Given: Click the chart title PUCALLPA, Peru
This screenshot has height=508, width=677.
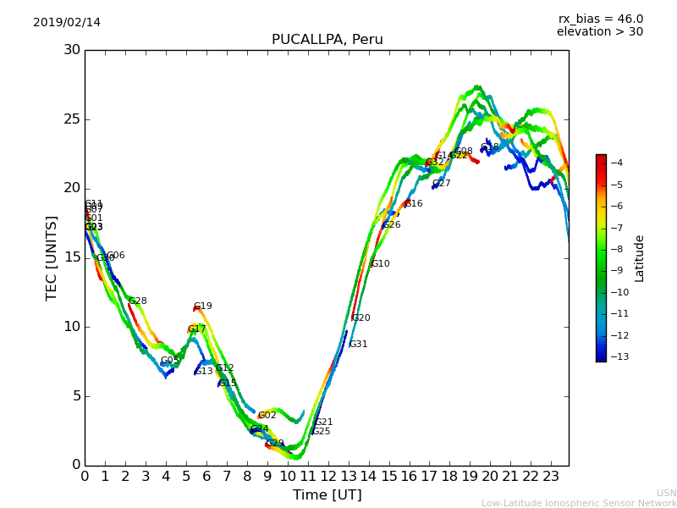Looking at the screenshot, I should click(x=327, y=40).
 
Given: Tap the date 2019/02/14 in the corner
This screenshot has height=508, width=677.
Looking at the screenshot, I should click(x=67, y=22).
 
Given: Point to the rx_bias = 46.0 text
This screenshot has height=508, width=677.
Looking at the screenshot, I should click(x=600, y=19).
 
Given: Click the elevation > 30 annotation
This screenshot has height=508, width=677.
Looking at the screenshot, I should click(x=599, y=32).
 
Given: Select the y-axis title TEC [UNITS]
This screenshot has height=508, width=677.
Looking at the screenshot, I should click(x=52, y=257).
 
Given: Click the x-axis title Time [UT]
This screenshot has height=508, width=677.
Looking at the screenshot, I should click(x=327, y=495).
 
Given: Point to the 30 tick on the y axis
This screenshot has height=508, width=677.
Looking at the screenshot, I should click(x=72, y=50).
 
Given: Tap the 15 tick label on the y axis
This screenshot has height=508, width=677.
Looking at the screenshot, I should click(x=72, y=257).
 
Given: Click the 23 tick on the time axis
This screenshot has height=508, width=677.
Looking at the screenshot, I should click(x=551, y=477).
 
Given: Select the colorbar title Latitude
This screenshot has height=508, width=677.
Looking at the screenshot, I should click(x=640, y=258).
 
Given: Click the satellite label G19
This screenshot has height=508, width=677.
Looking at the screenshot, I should click(x=203, y=306).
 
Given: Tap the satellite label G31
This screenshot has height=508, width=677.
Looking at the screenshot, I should click(x=359, y=345).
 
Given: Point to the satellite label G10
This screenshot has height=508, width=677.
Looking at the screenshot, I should click(x=381, y=264).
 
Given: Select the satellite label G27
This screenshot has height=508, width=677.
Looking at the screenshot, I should click(x=442, y=184).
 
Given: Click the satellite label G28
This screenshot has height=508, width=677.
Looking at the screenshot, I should click(x=138, y=301).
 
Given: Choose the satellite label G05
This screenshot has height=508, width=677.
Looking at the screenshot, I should click(x=170, y=361).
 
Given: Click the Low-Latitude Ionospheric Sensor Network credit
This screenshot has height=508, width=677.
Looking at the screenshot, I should click(x=579, y=503).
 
